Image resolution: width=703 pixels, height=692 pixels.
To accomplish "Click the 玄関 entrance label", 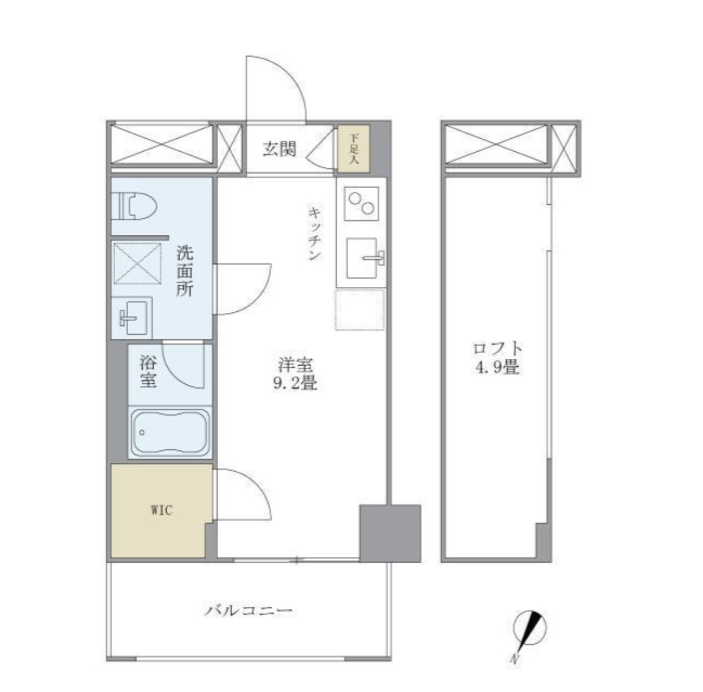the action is [279, 149].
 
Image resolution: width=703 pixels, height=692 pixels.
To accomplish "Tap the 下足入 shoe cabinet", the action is [354, 148].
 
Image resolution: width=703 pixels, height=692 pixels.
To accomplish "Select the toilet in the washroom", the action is [135, 205].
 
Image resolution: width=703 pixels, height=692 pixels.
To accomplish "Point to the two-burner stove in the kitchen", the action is [362, 204].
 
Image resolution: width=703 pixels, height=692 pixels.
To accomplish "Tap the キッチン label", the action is [315, 233].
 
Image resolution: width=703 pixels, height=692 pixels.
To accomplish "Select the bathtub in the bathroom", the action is [170, 432].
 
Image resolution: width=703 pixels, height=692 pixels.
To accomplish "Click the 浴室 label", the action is [148, 371].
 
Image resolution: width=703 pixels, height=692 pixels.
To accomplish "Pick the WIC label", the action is [161, 510].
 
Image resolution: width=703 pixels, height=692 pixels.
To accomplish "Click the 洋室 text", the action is [295, 365].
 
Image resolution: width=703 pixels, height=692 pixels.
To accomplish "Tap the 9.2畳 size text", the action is [295, 384].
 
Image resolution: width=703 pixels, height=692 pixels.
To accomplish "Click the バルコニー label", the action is [249, 611].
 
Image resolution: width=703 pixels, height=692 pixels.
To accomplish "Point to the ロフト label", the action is [497, 349].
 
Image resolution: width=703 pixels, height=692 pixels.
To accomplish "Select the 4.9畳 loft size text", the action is [497, 367].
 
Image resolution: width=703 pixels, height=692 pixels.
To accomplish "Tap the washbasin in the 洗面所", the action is [132, 317].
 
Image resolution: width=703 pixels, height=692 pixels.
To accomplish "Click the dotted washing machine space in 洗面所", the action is [137, 263].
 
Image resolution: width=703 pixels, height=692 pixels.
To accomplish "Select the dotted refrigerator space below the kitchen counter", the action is [360, 310].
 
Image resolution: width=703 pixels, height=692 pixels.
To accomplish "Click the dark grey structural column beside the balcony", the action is [390, 533].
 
